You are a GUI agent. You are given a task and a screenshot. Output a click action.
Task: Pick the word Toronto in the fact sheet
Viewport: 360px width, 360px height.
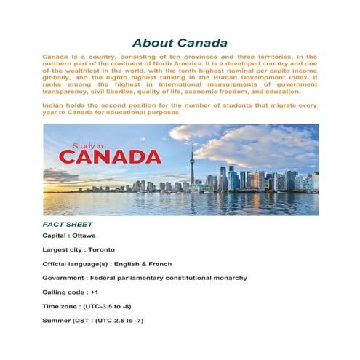[x=99, y=249]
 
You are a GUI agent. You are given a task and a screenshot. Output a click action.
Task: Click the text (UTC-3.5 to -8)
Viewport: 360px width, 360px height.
[x=108, y=305]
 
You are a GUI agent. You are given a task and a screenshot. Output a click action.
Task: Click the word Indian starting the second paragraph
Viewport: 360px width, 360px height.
[x=54, y=105]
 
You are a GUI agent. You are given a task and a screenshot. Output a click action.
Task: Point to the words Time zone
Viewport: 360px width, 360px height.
[x=60, y=305]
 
